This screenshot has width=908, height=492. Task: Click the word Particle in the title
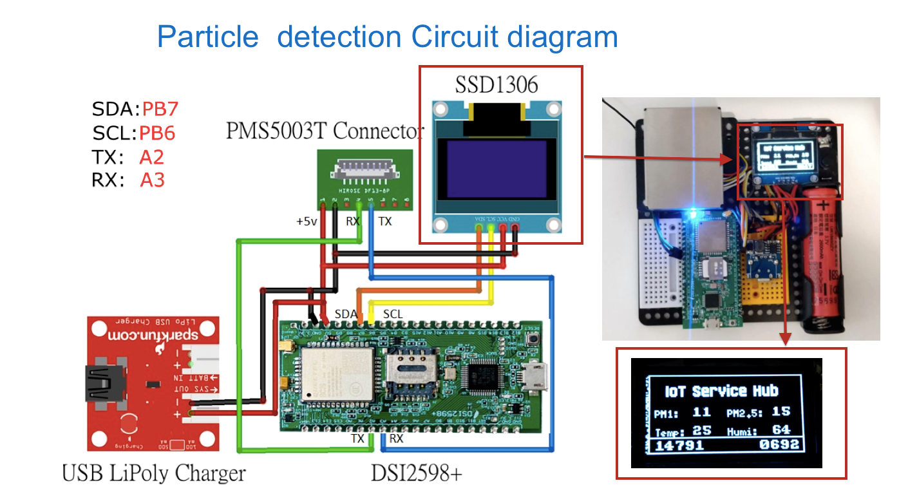click(x=207, y=37)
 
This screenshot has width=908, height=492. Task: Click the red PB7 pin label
click(x=159, y=108)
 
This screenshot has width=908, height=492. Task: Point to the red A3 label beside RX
click(x=153, y=180)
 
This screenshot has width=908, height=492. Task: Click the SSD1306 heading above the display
click(x=495, y=84)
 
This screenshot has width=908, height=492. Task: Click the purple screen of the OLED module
click(x=496, y=170)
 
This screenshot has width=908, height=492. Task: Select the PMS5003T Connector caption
click(x=325, y=131)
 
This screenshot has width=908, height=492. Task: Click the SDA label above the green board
click(x=346, y=314)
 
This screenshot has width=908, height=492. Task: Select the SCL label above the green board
click(x=393, y=314)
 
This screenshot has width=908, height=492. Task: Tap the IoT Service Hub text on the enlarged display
click(x=721, y=390)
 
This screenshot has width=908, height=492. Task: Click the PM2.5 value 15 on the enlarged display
click(x=780, y=412)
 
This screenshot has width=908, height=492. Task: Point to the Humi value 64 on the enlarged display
click(x=781, y=430)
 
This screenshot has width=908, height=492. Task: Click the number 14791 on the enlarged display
click(x=679, y=444)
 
